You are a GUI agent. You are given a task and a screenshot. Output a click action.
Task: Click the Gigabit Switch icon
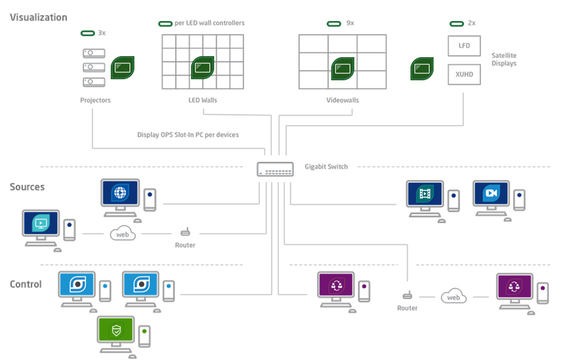(275, 169)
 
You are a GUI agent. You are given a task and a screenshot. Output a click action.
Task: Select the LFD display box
(464, 46)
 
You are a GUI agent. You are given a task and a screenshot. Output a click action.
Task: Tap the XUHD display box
(464, 75)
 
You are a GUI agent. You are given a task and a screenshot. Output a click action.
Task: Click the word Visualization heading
(39, 17)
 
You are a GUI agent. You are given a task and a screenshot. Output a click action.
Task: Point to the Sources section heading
(27, 187)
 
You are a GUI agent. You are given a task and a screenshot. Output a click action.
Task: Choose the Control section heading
(26, 284)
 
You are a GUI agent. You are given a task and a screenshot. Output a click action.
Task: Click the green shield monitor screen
(116, 331)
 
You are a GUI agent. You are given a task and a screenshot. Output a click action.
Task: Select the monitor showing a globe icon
(120, 193)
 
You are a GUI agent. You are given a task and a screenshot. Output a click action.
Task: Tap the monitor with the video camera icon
(491, 193)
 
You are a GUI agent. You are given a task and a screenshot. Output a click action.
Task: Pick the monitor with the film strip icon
(425, 195)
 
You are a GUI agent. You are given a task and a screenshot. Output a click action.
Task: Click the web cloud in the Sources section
(123, 234)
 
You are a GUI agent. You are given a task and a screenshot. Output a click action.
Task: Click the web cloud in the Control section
(454, 297)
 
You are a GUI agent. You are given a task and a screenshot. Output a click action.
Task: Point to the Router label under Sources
(185, 245)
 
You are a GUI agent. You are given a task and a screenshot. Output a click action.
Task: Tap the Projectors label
(96, 100)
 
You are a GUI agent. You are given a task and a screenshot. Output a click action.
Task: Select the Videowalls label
(342, 100)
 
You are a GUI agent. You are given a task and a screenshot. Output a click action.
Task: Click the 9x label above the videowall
(350, 24)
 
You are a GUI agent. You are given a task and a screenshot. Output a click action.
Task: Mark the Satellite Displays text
(504, 59)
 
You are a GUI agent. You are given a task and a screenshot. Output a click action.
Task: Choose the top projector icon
(94, 53)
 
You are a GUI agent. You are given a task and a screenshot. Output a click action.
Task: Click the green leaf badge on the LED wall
(202, 68)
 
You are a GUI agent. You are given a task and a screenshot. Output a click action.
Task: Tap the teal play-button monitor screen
(41, 223)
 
